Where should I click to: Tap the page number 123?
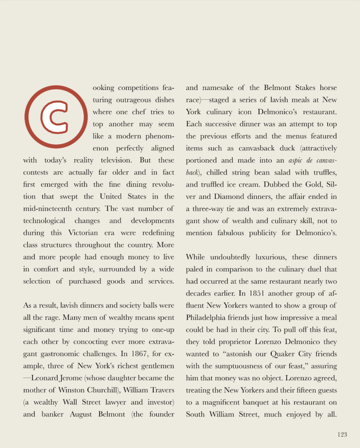[342, 435]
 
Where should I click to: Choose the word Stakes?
[292, 88]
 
